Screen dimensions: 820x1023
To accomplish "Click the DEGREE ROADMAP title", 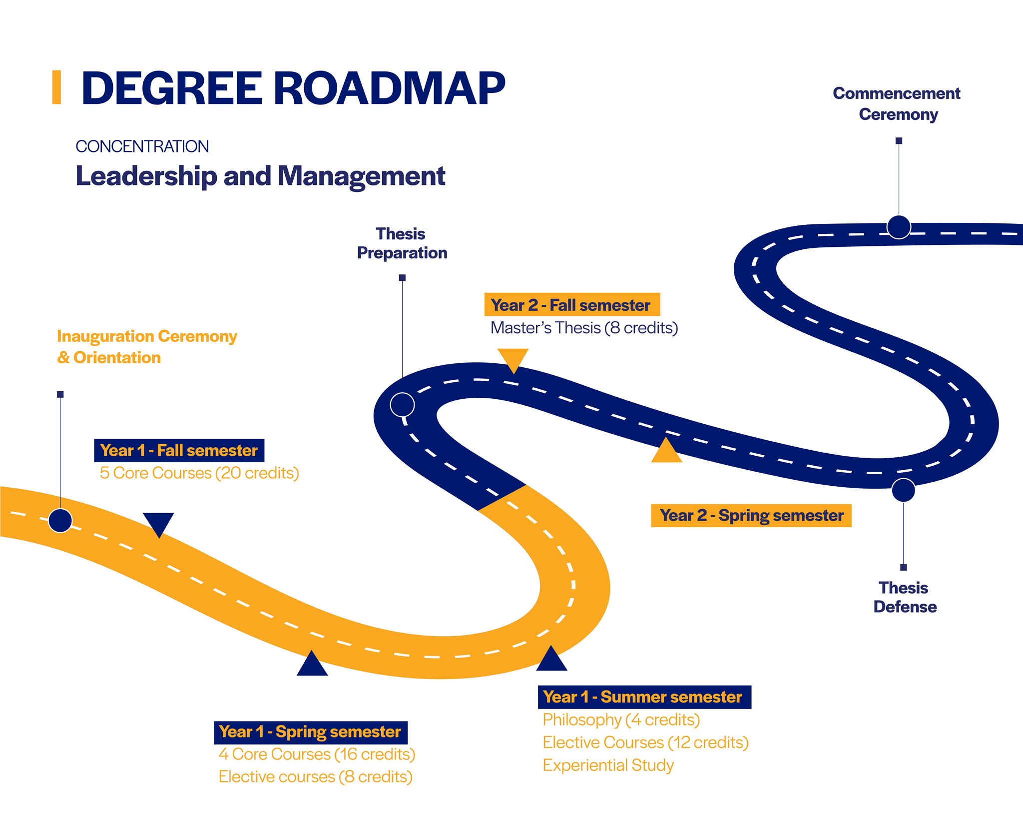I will click(293, 88).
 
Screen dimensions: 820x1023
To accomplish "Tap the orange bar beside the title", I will click(56, 87).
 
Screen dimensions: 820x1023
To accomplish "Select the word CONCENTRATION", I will click(142, 146).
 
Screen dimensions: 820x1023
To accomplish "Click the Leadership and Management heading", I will click(260, 176).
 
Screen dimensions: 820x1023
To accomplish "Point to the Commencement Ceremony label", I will click(897, 104).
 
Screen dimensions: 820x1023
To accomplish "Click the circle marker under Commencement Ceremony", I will click(899, 227).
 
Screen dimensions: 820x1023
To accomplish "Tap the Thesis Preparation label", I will click(402, 243).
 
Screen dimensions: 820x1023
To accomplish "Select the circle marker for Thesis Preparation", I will click(402, 405).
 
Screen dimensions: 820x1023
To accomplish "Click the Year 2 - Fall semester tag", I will click(571, 305).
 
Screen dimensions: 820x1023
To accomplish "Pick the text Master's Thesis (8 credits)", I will click(584, 328).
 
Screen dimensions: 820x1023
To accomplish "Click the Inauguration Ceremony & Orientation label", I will click(146, 347).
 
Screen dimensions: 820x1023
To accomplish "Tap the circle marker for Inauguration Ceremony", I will click(60, 521).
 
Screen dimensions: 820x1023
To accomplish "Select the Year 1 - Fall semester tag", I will click(179, 450).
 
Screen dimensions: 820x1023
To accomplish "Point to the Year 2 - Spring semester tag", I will click(751, 515).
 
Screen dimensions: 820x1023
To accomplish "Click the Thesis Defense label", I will click(905, 597).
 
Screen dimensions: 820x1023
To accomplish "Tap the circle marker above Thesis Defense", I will click(903, 490).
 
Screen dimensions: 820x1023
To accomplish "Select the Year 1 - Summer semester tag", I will click(644, 697).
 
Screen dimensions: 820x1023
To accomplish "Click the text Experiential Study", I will click(608, 765).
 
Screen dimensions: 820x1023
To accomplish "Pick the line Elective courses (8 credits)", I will click(315, 777).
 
